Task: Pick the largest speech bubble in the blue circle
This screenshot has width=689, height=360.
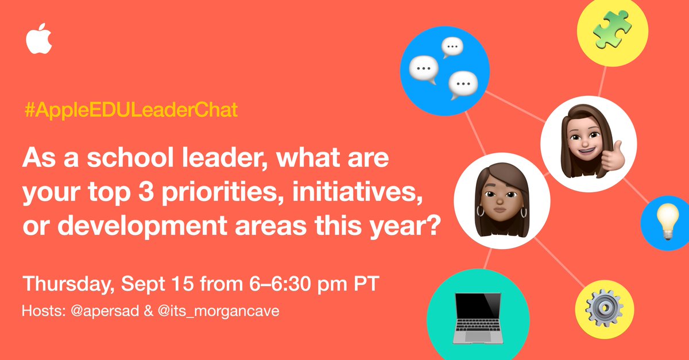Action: tap(423, 70)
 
